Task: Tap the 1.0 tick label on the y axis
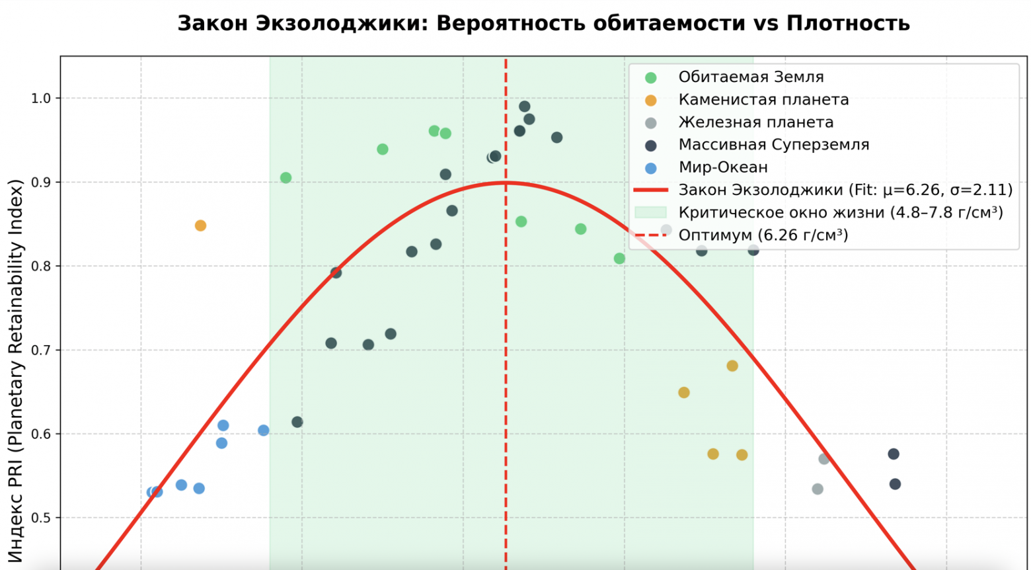point(41,99)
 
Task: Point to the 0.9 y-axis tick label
point(41,183)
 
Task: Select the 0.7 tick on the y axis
point(41,350)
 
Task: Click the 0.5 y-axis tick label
point(41,518)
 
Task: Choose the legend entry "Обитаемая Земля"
point(751,77)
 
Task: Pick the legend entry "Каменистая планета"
point(763,100)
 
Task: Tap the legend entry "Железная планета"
point(755,122)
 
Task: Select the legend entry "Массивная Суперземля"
point(773,145)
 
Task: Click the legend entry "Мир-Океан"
point(723,167)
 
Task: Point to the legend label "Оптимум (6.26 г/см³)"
point(763,235)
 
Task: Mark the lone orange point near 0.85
point(200,225)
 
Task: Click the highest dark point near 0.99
point(524,106)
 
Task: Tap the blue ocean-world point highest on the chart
point(223,425)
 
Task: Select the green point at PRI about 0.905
point(286,178)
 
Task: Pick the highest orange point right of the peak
point(732,366)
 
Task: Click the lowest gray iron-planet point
point(817,489)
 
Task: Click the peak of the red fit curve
point(506,183)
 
